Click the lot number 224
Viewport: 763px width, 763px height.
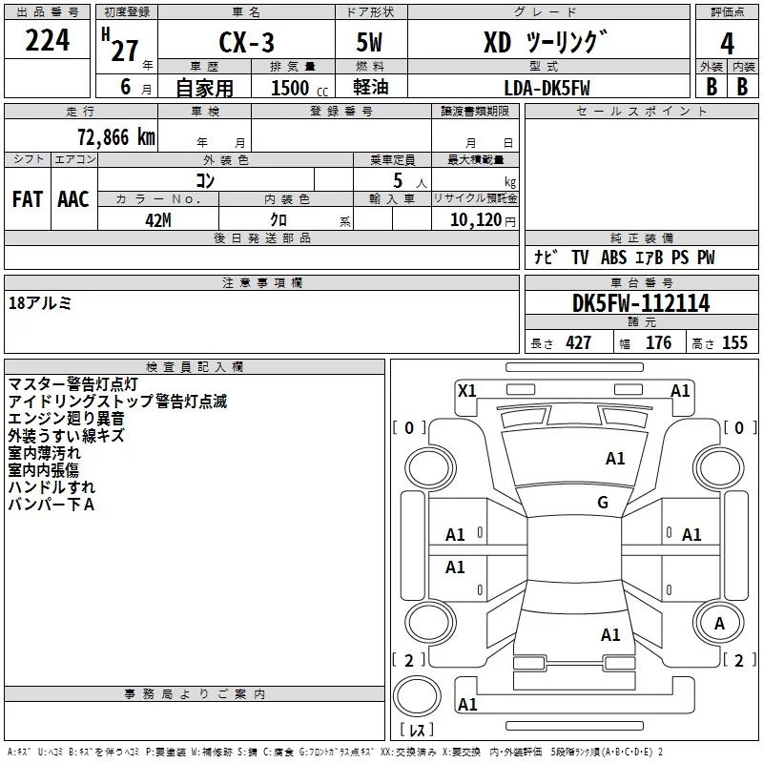(x=47, y=40)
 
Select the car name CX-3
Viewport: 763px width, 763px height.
(x=246, y=42)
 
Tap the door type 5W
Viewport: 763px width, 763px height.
(x=369, y=42)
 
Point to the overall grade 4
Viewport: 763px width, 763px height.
(x=727, y=44)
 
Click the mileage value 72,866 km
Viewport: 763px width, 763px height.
(x=116, y=136)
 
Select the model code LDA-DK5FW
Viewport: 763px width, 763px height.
(x=546, y=88)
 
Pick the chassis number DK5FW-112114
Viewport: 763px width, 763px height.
(x=641, y=303)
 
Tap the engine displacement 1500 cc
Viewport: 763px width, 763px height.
(x=299, y=88)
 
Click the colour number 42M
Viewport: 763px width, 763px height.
(x=158, y=220)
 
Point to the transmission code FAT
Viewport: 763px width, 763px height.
(x=28, y=199)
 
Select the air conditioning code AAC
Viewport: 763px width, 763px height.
(x=73, y=199)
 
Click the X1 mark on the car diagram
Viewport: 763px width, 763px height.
(x=467, y=390)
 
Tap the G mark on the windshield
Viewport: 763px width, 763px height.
(x=603, y=502)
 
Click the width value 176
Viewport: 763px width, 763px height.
(x=658, y=342)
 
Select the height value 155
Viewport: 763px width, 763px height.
(x=734, y=342)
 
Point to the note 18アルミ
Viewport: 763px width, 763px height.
(x=40, y=303)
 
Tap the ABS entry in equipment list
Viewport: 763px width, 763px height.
(x=613, y=258)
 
